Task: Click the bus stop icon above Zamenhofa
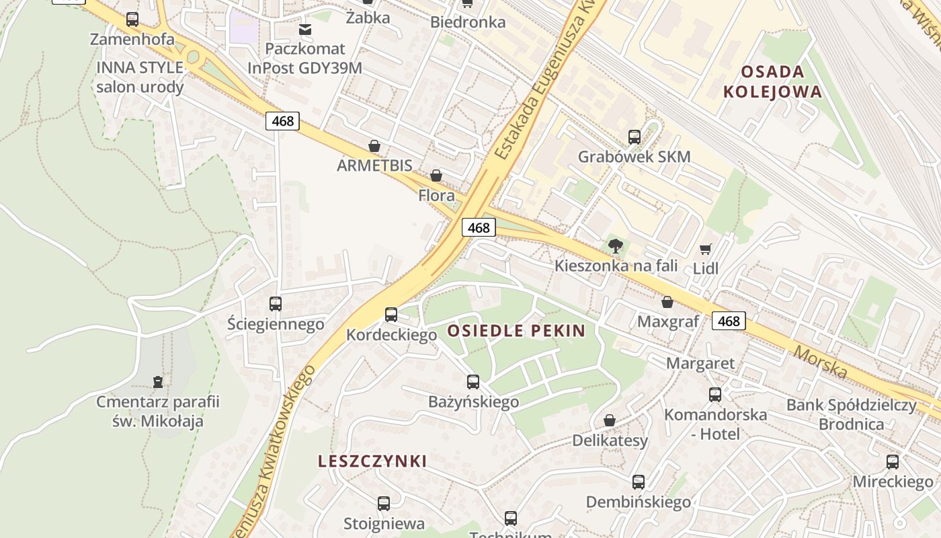point(132,20)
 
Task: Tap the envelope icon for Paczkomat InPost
point(305,29)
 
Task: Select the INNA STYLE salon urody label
point(140,77)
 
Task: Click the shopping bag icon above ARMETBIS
point(374,146)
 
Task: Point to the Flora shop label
point(436,196)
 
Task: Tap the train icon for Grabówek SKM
point(635,137)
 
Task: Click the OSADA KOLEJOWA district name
point(772,81)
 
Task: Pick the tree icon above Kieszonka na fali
point(615,246)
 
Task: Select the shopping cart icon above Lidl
point(705,249)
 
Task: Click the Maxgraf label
point(668,321)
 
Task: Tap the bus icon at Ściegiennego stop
point(276,304)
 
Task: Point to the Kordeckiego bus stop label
point(391,335)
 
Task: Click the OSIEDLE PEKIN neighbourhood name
point(516,331)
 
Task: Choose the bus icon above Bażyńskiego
point(473,382)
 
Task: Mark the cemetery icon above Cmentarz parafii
point(158,383)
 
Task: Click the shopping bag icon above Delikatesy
point(610,420)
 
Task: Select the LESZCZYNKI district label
point(372,461)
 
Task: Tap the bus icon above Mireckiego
point(893,462)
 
